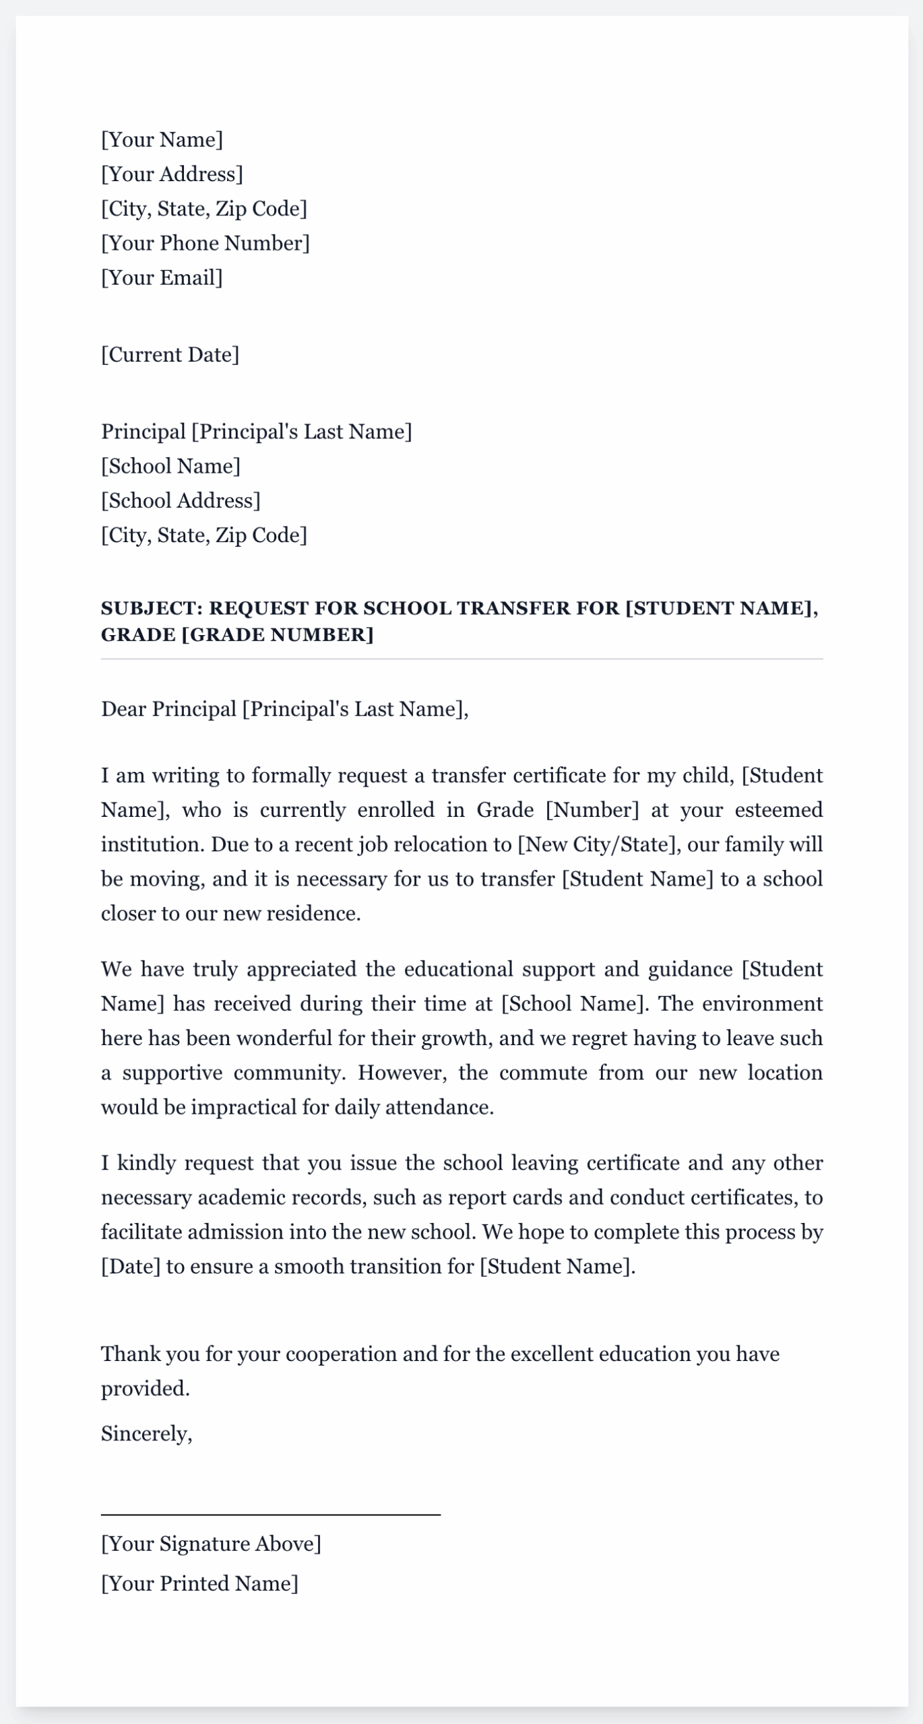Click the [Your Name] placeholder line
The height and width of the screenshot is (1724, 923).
click(x=162, y=140)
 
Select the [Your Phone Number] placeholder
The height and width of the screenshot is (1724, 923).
click(x=205, y=243)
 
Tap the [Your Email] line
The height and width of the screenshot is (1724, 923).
click(x=162, y=277)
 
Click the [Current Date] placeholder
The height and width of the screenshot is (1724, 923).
click(x=170, y=355)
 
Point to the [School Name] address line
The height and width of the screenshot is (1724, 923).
click(x=170, y=466)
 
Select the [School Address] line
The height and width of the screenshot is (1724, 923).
click(x=181, y=500)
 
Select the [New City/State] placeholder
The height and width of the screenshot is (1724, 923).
click(x=596, y=844)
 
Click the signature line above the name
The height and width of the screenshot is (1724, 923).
click(x=270, y=1515)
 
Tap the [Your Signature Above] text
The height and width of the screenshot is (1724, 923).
click(x=211, y=1544)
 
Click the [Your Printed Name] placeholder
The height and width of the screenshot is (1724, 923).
click(x=199, y=1583)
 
